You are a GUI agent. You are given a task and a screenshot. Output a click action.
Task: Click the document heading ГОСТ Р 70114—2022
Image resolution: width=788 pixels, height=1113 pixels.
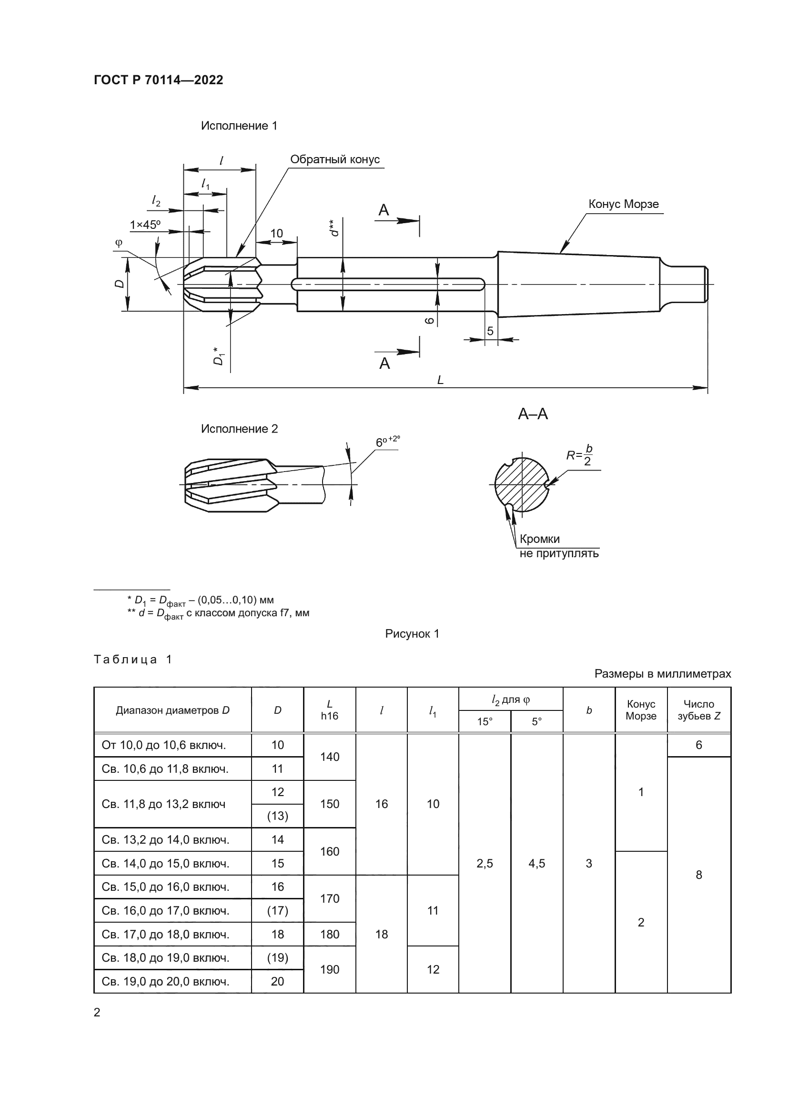pyautogui.click(x=158, y=80)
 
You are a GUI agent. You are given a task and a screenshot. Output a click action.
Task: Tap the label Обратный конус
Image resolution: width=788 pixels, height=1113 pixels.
pyautogui.click(x=334, y=159)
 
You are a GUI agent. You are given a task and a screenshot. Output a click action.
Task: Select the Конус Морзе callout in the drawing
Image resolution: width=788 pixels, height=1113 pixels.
pyautogui.click(x=623, y=204)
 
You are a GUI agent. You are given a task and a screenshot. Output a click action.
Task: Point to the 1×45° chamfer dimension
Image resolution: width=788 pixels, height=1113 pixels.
pyautogui.click(x=145, y=225)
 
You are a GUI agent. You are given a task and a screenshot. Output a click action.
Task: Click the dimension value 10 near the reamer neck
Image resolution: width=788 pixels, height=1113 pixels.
pyautogui.click(x=276, y=233)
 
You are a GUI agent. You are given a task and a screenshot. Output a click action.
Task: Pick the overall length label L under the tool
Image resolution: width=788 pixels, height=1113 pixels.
pyautogui.click(x=440, y=380)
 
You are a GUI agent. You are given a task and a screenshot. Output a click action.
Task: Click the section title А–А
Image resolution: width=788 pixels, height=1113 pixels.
pyautogui.click(x=532, y=414)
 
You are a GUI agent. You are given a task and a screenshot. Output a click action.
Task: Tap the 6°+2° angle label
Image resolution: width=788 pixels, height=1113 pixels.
pyautogui.click(x=387, y=441)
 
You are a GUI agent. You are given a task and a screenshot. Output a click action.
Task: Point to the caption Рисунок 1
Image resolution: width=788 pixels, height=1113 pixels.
pyautogui.click(x=412, y=633)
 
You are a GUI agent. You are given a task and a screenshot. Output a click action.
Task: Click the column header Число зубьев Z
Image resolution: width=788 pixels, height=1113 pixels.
pyautogui.click(x=698, y=709)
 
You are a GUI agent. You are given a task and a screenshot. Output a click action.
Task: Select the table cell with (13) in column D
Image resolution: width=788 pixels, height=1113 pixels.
pyautogui.click(x=277, y=816)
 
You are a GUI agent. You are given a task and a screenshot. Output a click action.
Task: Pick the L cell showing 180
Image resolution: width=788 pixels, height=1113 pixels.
pyautogui.click(x=330, y=934)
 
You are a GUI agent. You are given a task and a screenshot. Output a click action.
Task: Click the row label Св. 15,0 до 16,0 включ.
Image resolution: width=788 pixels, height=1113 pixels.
pyautogui.click(x=165, y=886)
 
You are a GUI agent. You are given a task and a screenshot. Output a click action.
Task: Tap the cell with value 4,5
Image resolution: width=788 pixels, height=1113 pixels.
pyautogui.click(x=536, y=863)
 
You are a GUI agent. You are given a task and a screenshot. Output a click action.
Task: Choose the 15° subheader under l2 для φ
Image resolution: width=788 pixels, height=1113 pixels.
pyautogui.click(x=484, y=722)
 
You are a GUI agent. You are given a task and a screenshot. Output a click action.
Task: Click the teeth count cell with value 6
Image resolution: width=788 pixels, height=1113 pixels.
pyautogui.click(x=698, y=745)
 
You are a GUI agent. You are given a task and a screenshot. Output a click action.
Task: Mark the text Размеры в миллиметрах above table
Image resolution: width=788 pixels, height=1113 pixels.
pyautogui.click(x=662, y=674)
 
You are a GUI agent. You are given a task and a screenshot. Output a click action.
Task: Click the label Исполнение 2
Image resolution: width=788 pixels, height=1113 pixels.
pyautogui.click(x=239, y=429)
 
